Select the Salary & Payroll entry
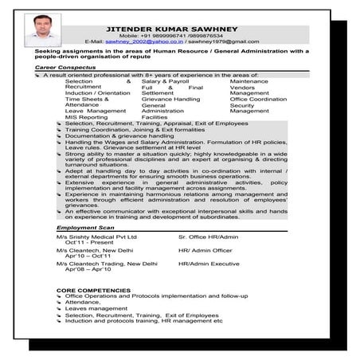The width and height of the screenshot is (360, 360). (x=165, y=81)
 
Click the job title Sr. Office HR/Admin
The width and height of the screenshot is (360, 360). (x=209, y=237)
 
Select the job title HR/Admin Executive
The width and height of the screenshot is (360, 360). (x=209, y=263)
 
